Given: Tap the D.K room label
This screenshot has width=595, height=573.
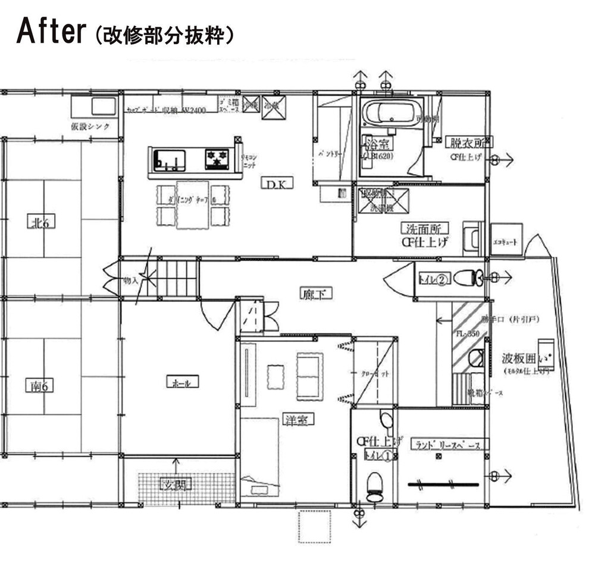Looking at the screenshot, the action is click(x=276, y=184).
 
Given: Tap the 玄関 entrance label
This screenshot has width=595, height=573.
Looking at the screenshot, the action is click(x=176, y=484).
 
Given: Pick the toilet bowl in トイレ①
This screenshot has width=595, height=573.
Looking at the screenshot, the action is click(x=375, y=486).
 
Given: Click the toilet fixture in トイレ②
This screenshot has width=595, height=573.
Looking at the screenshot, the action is click(x=477, y=278).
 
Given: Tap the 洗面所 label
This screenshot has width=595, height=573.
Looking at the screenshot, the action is click(x=424, y=228).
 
